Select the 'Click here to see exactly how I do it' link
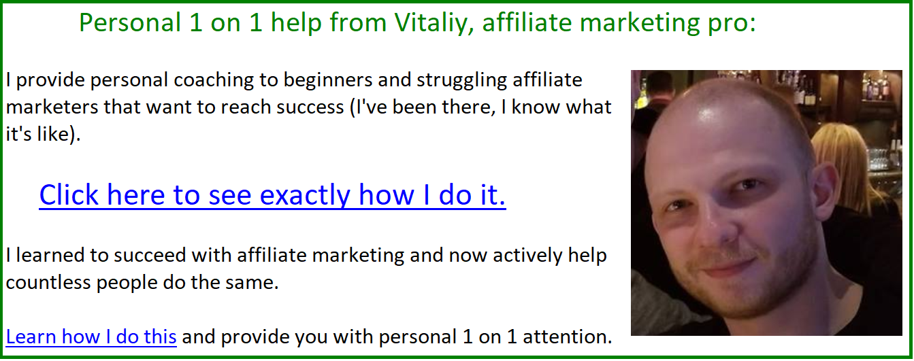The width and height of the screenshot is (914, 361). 273,196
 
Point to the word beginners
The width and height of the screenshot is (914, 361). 328,80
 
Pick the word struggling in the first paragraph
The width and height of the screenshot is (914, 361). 462,80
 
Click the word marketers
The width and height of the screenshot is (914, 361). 52,107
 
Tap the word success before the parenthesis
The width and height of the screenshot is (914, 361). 310,107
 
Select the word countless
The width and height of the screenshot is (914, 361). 48,283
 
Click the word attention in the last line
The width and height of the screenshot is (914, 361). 567,337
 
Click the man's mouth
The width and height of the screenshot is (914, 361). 728,268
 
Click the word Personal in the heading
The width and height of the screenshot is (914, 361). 130,23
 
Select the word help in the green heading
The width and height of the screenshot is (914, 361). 296,24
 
